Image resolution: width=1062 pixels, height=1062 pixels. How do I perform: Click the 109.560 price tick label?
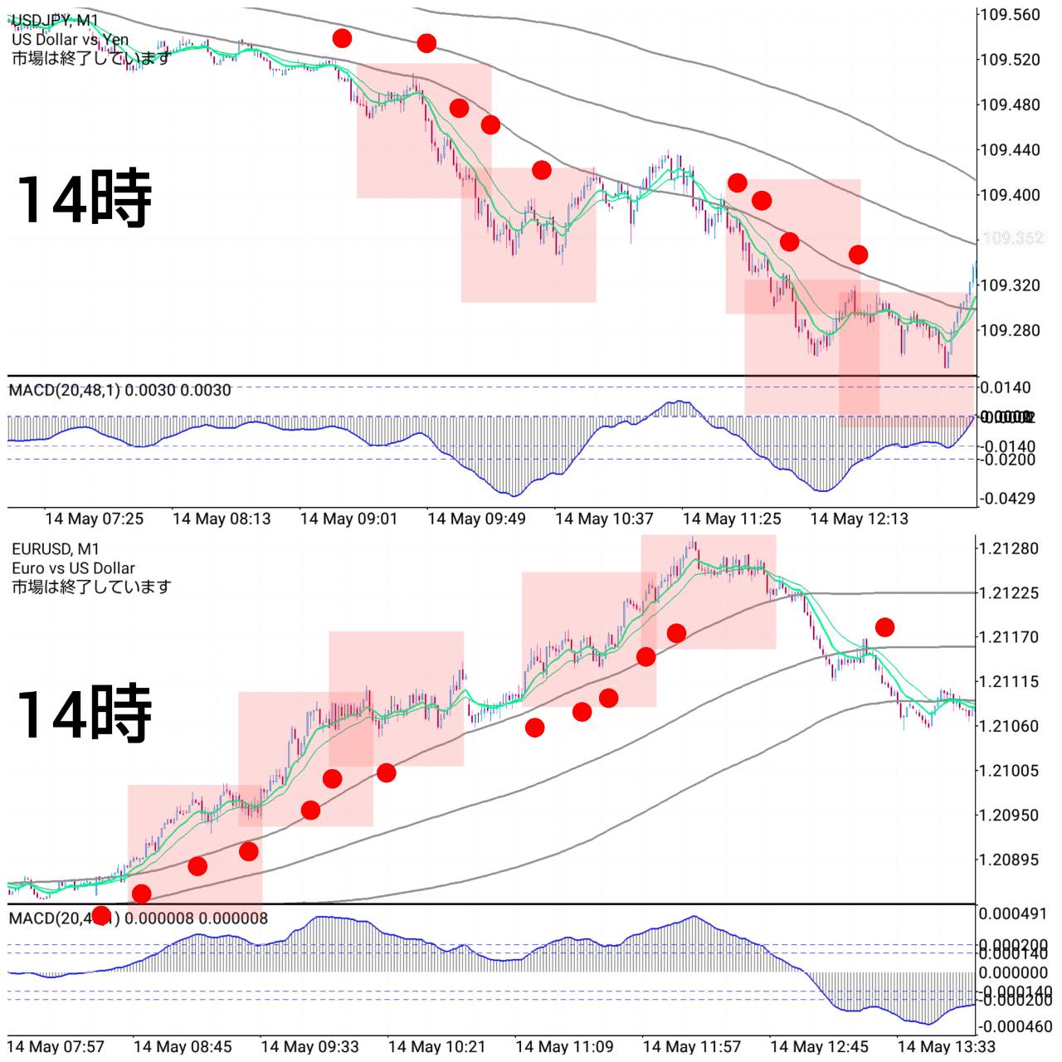[1010, 15]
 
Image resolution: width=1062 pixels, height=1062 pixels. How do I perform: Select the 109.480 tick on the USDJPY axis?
[1010, 105]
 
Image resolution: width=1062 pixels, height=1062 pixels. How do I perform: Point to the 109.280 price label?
[1010, 330]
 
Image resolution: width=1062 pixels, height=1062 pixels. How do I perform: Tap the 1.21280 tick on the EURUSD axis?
[1008, 548]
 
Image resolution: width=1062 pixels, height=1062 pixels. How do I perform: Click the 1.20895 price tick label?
[1008, 860]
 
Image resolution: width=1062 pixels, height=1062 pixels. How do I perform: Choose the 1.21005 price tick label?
[1008, 771]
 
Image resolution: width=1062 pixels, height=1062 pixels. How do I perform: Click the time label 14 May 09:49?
[476, 519]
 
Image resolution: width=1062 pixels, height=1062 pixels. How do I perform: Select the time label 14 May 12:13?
[859, 519]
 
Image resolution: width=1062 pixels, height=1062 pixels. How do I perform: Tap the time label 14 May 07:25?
[94, 519]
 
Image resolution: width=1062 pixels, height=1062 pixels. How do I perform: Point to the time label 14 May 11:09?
[564, 1046]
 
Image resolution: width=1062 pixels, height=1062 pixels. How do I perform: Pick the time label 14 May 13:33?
[946, 1046]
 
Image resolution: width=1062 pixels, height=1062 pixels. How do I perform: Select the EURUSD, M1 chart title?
[56, 548]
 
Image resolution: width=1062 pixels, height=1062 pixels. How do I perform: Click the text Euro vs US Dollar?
[73, 568]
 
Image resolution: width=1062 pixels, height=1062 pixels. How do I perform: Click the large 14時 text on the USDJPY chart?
[84, 198]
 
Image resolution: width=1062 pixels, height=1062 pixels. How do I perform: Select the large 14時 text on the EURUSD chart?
[84, 713]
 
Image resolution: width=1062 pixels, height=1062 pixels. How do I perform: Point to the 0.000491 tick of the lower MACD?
[1013, 913]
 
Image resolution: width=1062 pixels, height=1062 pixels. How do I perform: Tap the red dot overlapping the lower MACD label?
[101, 916]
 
